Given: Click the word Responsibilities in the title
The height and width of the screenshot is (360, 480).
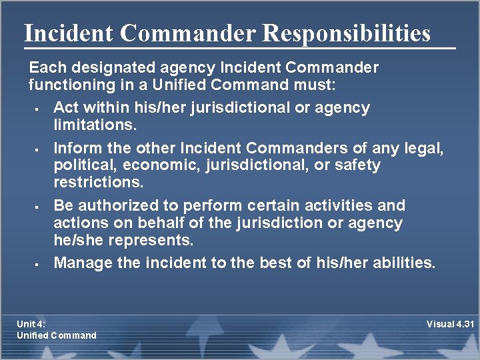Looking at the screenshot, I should [x=347, y=33].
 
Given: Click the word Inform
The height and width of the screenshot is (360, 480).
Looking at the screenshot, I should [x=75, y=147].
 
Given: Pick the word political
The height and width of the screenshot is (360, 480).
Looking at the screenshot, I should [x=81, y=165].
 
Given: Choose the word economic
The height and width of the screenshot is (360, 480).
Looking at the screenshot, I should [x=154, y=165].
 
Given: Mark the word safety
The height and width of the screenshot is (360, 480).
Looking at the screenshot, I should [x=356, y=165].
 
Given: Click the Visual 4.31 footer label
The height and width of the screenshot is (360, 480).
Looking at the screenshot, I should [x=450, y=325].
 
